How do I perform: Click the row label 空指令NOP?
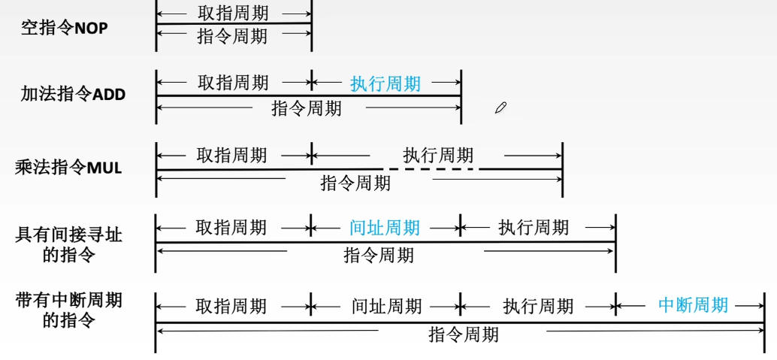[x=65, y=29]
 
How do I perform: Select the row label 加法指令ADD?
[x=73, y=94]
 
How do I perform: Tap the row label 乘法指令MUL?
[x=69, y=168]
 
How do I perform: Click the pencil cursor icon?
[x=500, y=107]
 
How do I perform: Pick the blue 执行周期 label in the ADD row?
[x=385, y=84]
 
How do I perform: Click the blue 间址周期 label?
[x=385, y=228]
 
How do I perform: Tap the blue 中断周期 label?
[x=694, y=304]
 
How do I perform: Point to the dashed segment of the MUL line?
[x=431, y=170]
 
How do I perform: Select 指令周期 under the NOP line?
[x=232, y=36]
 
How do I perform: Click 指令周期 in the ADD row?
[x=307, y=108]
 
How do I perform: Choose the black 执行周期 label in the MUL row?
[x=438, y=156]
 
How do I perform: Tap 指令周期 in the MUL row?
[x=355, y=183]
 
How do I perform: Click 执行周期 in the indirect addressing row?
[x=534, y=228]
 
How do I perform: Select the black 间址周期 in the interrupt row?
[x=387, y=307]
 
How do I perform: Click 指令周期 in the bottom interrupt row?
[x=464, y=334]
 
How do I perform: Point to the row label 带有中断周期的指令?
[x=69, y=310]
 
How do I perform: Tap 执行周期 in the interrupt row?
[x=538, y=307]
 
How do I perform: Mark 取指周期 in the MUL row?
[x=231, y=156]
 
